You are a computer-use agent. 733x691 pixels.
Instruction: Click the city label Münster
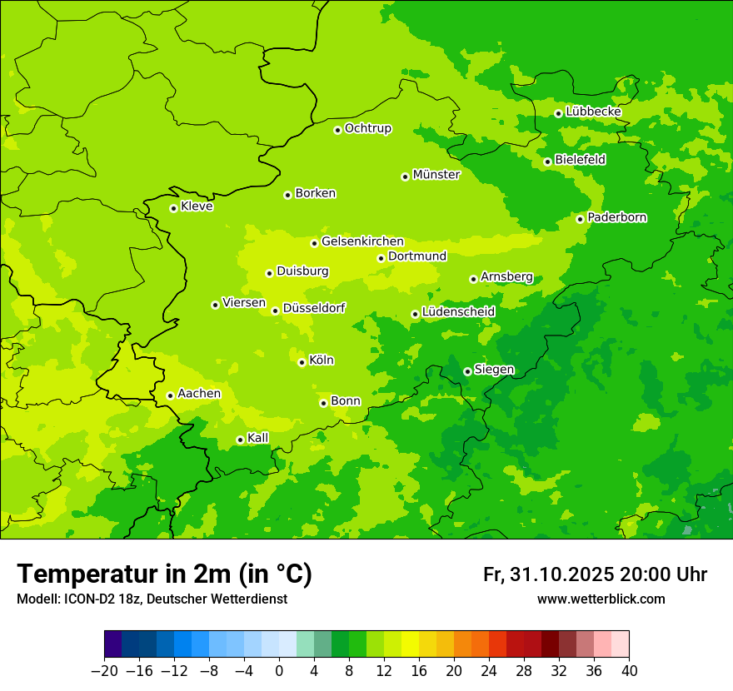(436, 175)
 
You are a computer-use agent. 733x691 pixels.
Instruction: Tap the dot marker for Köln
(302, 362)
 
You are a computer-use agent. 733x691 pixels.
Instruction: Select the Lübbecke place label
(593, 112)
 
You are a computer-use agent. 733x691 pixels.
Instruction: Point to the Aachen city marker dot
(170, 395)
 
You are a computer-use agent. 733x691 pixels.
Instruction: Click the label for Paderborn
(616, 217)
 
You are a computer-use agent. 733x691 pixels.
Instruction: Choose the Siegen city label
(494, 370)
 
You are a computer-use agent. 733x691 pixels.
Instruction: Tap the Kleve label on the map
(197, 206)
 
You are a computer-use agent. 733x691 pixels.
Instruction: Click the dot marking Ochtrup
(337, 130)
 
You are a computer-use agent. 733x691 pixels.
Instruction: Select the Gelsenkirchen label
(362, 241)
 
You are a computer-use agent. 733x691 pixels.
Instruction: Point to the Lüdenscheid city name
(458, 311)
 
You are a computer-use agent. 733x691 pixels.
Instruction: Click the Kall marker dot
(240, 440)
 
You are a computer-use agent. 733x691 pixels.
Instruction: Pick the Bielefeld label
(580, 160)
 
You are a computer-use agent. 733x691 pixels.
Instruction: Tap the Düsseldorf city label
(313, 308)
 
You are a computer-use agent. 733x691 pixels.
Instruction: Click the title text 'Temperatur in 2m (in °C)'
(165, 574)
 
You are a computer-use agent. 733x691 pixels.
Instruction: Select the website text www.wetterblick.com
(601, 599)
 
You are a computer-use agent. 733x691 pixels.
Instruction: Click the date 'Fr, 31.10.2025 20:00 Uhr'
(595, 574)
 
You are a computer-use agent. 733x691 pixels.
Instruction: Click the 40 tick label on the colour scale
(629, 671)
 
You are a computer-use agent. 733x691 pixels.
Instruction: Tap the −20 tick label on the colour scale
(104, 671)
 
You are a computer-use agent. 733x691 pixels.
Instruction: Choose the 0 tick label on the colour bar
(279, 671)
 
